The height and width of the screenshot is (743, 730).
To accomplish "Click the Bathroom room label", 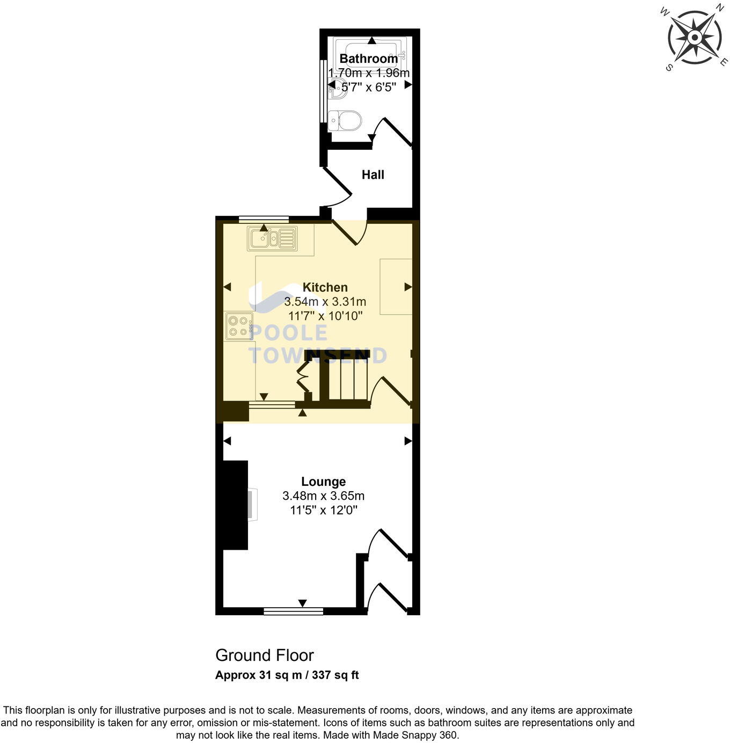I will click(x=368, y=59).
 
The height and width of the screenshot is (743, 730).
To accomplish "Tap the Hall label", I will click(x=373, y=174).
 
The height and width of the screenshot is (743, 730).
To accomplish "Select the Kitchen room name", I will click(x=325, y=287).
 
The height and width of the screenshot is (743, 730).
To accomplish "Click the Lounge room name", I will click(x=323, y=482).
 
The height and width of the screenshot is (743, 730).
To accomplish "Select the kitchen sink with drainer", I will click(x=272, y=238).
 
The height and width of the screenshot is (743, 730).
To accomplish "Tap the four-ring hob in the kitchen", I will click(x=239, y=326).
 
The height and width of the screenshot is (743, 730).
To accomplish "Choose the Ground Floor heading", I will click(x=264, y=655).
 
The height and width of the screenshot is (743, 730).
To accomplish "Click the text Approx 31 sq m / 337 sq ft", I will click(x=287, y=675).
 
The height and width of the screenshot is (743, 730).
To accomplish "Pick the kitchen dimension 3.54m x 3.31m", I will click(x=325, y=302).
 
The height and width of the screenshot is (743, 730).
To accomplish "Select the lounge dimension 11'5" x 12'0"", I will click(x=323, y=510).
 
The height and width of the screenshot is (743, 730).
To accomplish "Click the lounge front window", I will click(x=293, y=610).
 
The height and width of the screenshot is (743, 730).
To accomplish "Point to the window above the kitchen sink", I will click(x=264, y=218).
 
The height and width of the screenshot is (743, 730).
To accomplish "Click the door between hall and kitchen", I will click(x=349, y=232).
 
